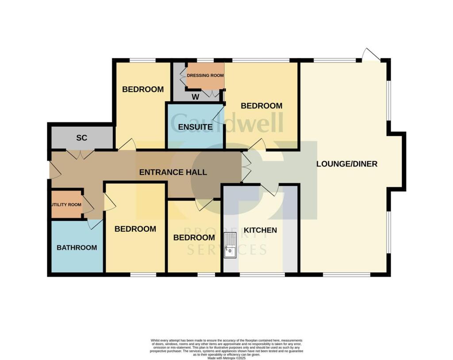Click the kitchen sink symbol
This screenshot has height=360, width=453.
230,245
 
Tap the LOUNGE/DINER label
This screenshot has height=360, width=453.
347,164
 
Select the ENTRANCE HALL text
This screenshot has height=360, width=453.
173,172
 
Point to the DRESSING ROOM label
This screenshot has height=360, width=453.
205,75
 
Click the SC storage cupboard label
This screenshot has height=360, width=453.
82,138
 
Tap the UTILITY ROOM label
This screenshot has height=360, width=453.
66,205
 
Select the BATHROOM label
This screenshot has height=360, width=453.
77,248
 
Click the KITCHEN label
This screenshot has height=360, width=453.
261,230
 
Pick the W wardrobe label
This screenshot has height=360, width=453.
195,97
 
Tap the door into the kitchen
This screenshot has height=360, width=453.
270,190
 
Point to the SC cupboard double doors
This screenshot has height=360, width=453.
80,155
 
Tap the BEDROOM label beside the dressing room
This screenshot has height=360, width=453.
261,106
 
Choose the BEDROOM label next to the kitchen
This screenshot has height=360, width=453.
194,238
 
